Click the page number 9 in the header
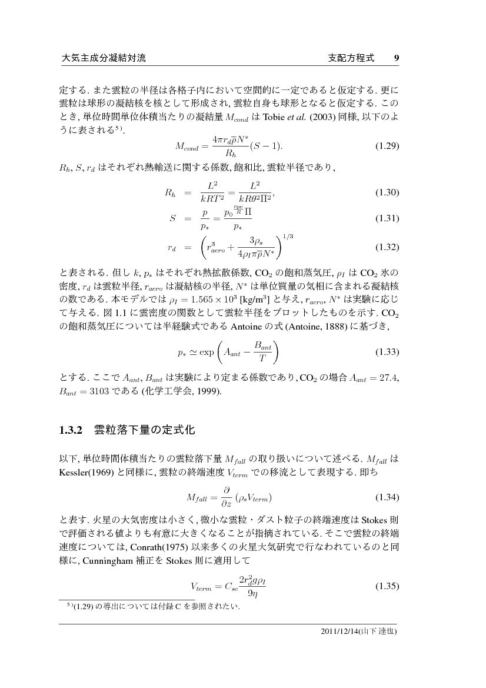[397, 58]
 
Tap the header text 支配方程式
[351, 58]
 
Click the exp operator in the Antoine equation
[207, 353]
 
